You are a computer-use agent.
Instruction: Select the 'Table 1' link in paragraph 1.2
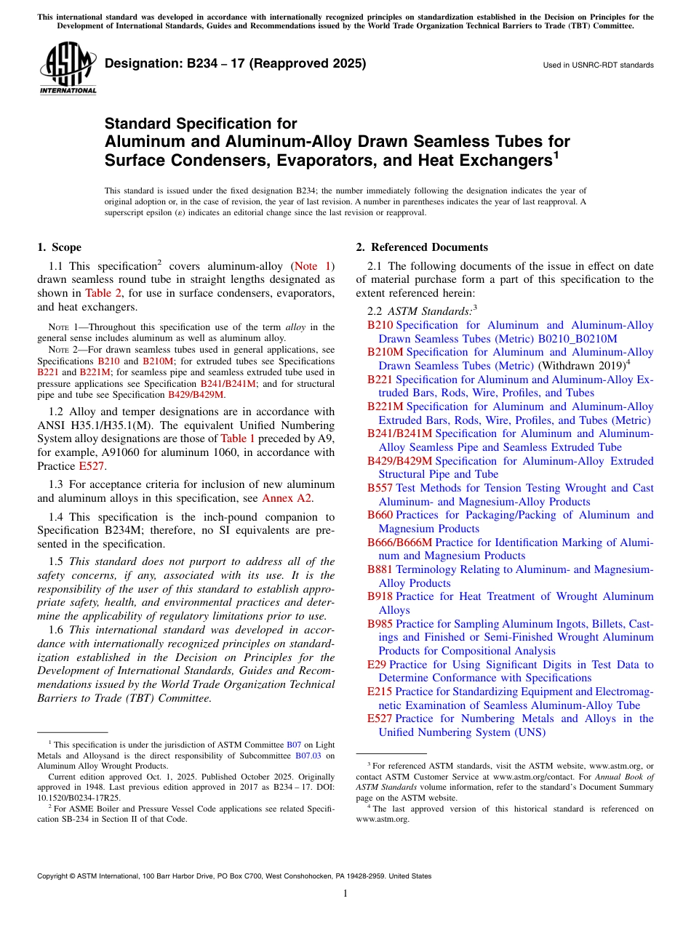pyautogui.click(x=238, y=439)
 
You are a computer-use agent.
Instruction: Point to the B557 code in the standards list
pyautogui.click(x=380, y=488)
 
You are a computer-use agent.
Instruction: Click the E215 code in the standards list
pyautogui.click(x=380, y=692)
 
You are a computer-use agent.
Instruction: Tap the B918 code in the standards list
pyautogui.click(x=380, y=596)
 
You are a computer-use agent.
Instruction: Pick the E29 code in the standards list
pyautogui.click(x=377, y=665)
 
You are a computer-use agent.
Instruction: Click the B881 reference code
pyautogui.click(x=380, y=569)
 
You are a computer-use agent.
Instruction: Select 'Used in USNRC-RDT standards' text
pyautogui.click(x=598, y=65)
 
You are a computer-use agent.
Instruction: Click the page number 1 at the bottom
pyautogui.click(x=345, y=894)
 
